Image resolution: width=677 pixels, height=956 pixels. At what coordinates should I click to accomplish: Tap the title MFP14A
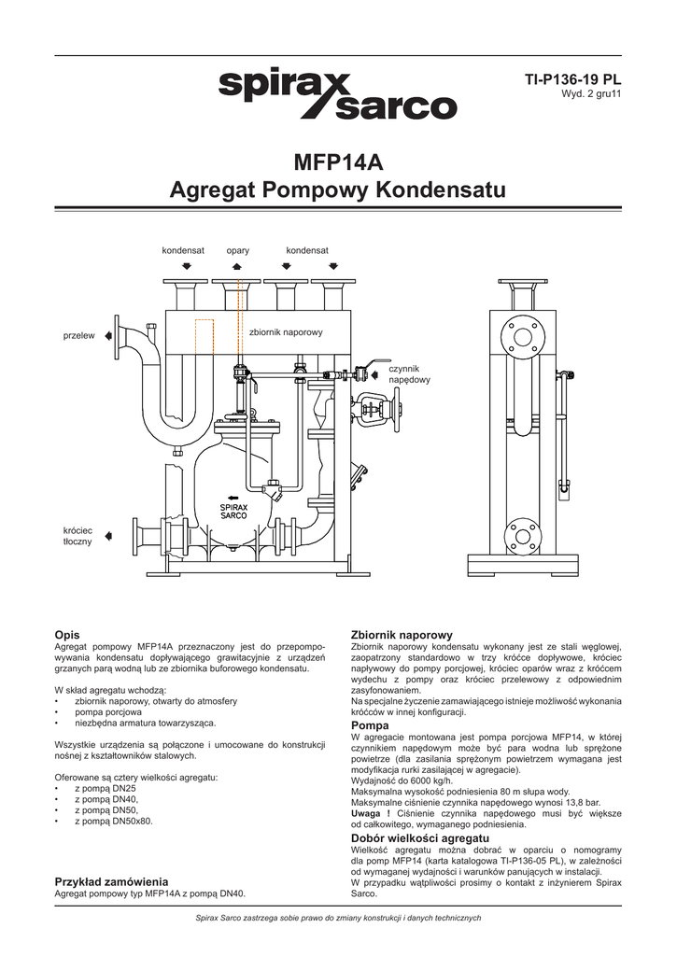tap(338, 161)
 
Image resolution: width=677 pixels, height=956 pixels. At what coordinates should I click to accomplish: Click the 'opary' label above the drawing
tap(237, 251)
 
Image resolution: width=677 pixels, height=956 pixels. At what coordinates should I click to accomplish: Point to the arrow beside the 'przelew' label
tap(109, 334)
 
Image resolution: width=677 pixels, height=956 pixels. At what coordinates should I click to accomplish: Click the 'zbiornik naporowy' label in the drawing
tap(286, 333)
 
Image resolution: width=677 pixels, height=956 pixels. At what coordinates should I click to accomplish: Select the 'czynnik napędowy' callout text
tap(409, 374)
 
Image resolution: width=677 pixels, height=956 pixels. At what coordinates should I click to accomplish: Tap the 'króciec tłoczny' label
tap(78, 536)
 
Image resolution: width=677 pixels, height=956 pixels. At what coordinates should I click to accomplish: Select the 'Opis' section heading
tap(68, 634)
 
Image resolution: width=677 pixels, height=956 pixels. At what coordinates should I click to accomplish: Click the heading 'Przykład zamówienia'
tap(111, 880)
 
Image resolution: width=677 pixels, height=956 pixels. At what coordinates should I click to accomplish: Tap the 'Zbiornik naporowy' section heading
tap(401, 635)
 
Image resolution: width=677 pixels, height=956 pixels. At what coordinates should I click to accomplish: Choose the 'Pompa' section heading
tap(370, 724)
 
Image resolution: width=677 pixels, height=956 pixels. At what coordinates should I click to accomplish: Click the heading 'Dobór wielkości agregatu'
tap(419, 838)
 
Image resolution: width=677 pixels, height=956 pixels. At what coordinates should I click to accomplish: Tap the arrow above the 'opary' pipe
tap(237, 266)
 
